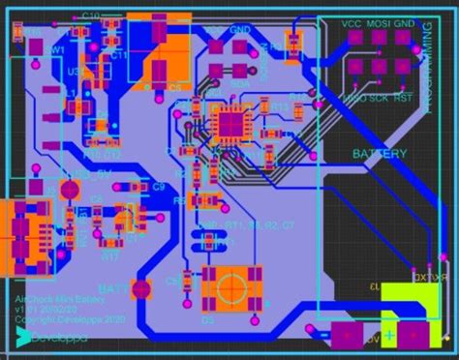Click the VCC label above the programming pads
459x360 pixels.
(352, 23)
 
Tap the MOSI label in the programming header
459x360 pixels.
(379, 23)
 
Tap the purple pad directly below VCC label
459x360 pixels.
(353, 39)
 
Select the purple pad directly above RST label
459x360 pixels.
(402, 65)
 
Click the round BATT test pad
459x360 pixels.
(142, 288)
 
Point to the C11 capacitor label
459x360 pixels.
(120, 55)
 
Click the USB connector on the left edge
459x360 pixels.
(21, 232)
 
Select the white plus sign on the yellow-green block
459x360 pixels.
(389, 336)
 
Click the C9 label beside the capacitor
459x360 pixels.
(159, 185)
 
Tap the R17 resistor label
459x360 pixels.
(110, 257)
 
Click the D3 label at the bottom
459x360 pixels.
(207, 318)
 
